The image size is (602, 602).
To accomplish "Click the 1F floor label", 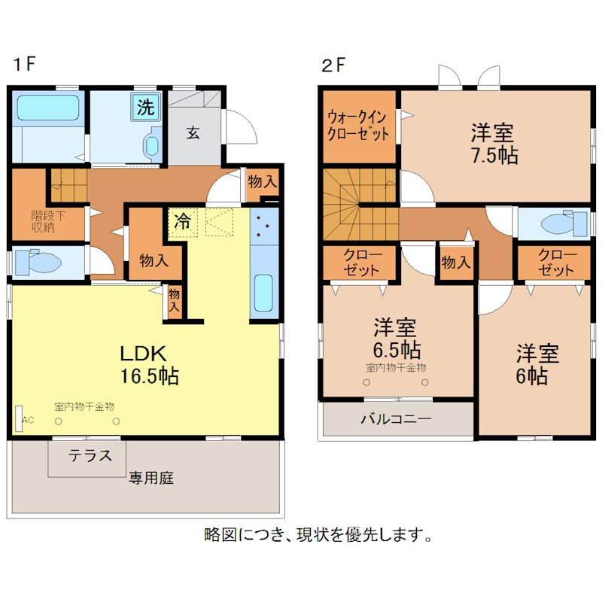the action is pos(24,64).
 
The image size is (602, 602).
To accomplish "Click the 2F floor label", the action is pos(333,65).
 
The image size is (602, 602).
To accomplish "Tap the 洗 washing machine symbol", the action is pos(146,106).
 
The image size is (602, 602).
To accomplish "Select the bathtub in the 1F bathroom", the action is pos(48,108).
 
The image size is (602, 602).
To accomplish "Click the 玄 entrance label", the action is pos(193,133).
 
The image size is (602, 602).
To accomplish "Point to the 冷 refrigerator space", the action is pos(183,222).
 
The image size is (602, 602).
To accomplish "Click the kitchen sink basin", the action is pos(263,293).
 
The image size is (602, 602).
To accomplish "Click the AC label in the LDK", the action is pos(28,420).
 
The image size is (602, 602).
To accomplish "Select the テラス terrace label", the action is pos(90,456).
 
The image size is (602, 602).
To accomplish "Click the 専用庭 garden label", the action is pos(151,479).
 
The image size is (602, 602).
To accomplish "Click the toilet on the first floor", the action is pos(38,262).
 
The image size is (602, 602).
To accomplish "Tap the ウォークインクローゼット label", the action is pos(357,125).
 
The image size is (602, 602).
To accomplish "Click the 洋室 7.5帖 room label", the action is pos(494,144).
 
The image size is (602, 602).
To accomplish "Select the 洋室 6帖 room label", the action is pos(537,365).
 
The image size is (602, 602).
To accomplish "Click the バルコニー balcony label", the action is pos(396,419).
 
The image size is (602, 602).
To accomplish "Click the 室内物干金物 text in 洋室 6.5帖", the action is pos(396,368).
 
